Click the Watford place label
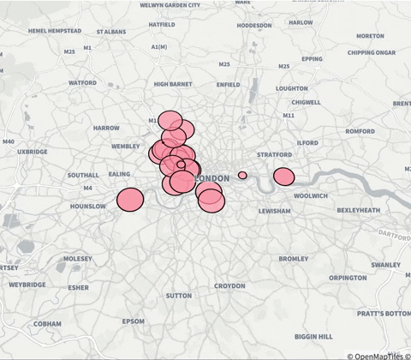coord(83,83)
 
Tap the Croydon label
coord(229,285)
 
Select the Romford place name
coord(360,131)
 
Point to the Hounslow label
coord(88,207)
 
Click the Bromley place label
coord(294,258)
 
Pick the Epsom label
coord(134,321)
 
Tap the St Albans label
coord(111,32)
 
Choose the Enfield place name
coord(229,85)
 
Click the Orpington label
coord(348,278)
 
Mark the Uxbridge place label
coord(32,151)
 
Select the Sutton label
coord(179,295)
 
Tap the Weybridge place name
coord(27,284)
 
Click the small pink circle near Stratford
coord(242,175)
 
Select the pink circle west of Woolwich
coord(283,177)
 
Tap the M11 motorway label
coord(289,115)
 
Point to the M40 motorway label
coord(9,141)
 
